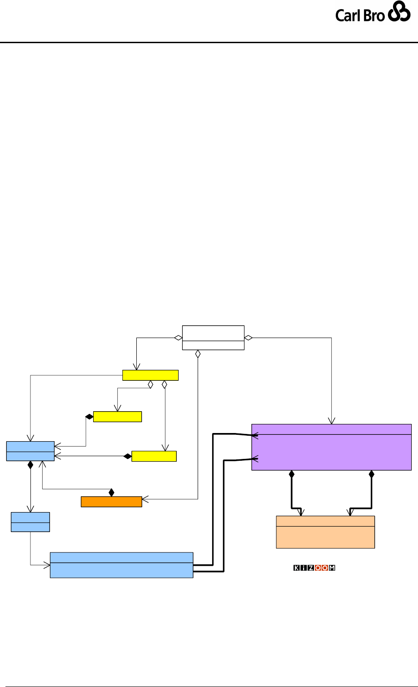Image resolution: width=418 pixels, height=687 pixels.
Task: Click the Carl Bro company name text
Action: pos(360,15)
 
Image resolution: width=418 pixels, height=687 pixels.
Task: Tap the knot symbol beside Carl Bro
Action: pos(400,15)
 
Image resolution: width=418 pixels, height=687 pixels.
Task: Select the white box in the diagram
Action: pos(213,338)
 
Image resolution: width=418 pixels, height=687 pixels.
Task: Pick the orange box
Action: pos(111,502)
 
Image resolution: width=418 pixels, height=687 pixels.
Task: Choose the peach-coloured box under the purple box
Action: pos(325,532)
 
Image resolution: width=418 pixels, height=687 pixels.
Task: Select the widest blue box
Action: pos(121,565)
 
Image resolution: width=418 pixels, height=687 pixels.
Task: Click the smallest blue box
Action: pos(30,522)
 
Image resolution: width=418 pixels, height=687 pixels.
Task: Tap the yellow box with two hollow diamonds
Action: pos(150,375)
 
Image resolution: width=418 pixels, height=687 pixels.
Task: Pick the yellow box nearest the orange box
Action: pos(154,456)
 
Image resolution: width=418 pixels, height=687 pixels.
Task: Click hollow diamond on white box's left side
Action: pos(178,338)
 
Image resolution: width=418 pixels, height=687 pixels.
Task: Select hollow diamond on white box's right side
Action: pos(249,338)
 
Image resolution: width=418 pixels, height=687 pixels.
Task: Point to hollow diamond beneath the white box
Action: pos(198,354)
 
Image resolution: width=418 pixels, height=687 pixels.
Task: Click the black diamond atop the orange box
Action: pos(111,492)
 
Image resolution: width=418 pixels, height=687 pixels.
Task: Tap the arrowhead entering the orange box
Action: pos(145,502)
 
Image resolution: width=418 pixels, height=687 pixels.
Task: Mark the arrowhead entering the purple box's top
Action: pos(332,421)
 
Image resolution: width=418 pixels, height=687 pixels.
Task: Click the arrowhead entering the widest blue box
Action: pos(47,565)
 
